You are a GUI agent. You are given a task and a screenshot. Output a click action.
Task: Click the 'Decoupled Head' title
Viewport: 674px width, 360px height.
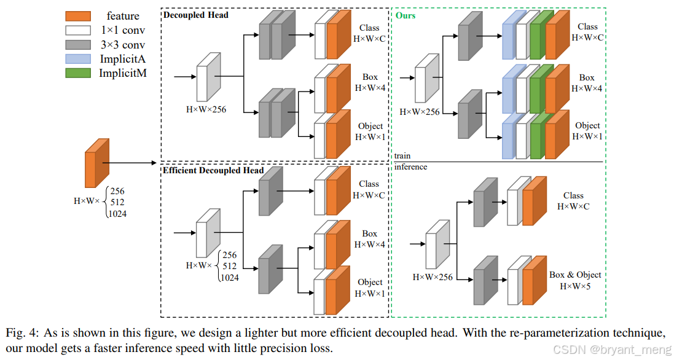pos(196,15)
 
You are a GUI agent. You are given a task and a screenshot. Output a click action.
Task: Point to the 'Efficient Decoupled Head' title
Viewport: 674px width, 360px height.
pos(213,170)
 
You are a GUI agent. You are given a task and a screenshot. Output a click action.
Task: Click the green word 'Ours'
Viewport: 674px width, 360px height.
pos(406,15)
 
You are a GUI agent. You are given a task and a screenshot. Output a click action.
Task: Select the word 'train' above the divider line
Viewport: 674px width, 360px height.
pos(403,156)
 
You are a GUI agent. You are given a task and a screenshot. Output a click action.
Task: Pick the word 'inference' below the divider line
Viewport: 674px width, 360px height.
pos(411,167)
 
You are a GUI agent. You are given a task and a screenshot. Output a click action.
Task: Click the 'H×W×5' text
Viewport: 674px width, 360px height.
pos(575,286)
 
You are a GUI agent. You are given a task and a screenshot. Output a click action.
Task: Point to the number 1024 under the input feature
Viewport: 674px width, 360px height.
pos(117,214)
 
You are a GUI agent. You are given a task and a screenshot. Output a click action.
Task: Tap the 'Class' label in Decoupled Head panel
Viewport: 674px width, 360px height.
pos(370,28)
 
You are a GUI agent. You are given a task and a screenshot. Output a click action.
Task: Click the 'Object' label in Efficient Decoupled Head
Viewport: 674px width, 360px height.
pos(370,282)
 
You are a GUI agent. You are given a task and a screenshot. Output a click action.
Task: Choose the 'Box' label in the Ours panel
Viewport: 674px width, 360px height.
pos(587,77)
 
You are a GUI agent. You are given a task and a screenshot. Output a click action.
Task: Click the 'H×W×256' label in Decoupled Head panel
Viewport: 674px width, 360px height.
pos(206,109)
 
